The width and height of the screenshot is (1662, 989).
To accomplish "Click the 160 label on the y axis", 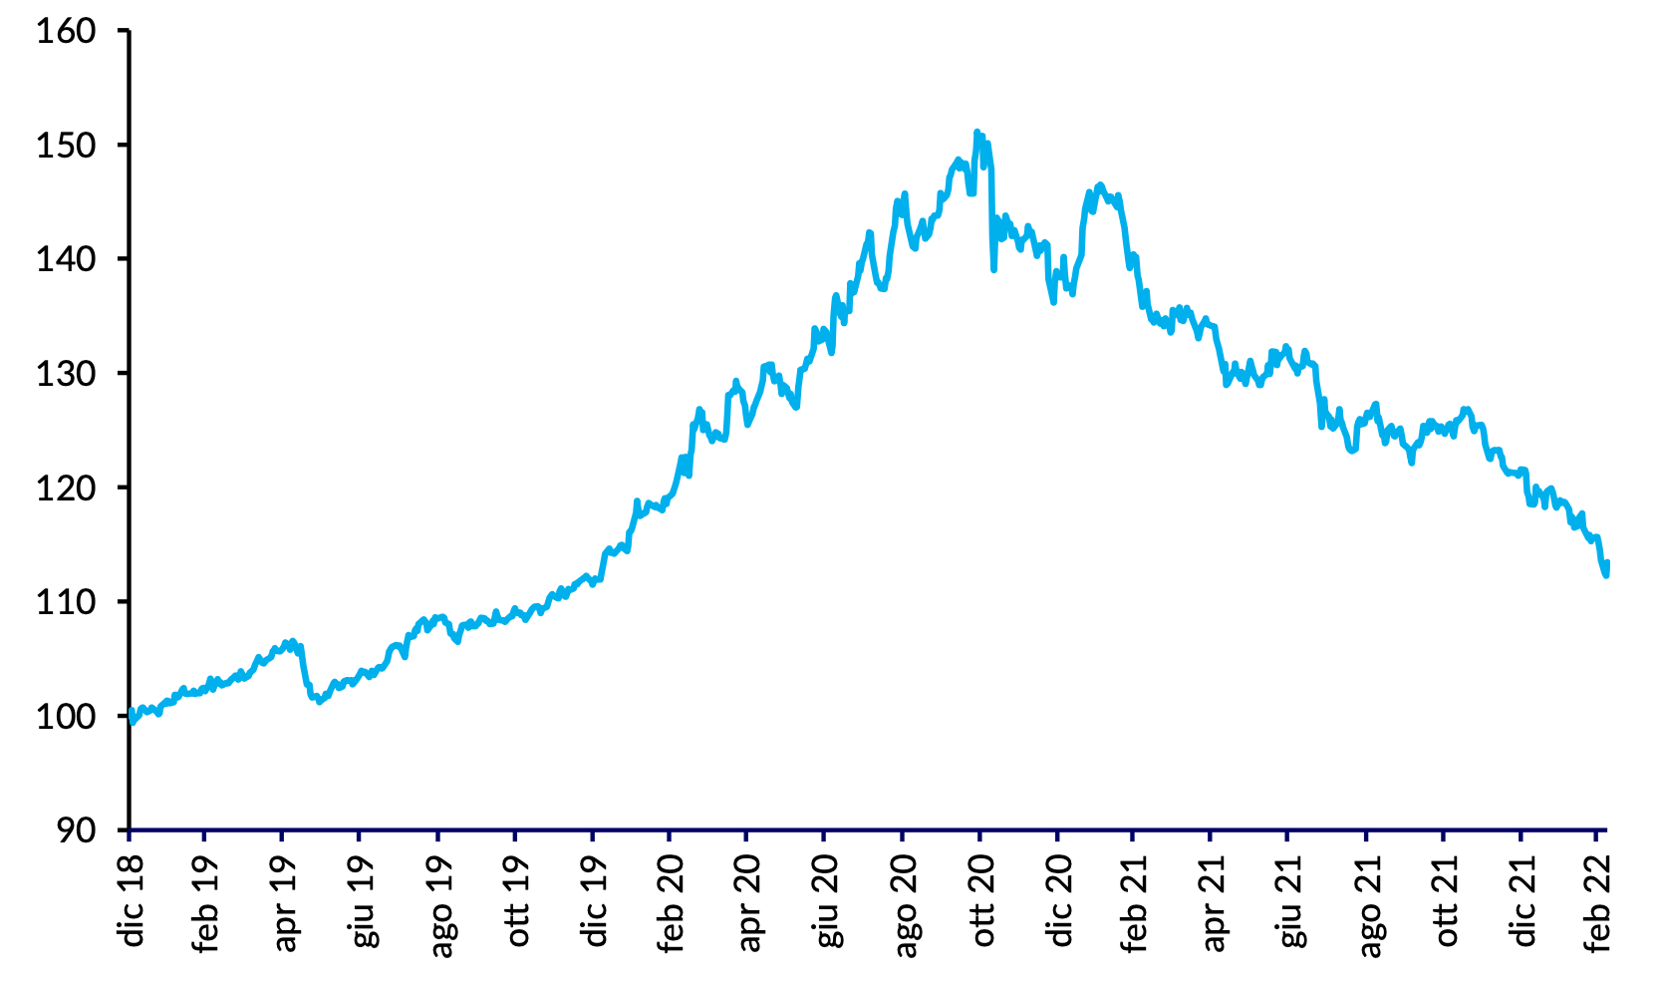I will (66, 31).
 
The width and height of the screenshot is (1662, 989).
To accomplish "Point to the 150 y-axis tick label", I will (66, 146).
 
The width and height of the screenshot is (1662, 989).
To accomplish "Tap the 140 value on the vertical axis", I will (66, 259).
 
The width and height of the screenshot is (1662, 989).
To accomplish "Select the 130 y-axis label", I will (66, 374).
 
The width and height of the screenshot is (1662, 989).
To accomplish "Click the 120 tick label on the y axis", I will (66, 488).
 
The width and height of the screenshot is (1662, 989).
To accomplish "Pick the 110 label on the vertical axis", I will (66, 602).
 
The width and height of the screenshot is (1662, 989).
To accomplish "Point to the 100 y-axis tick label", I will (66, 716).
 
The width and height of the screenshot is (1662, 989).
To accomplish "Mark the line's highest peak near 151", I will (976, 132).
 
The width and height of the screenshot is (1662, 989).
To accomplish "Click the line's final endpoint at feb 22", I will (1607, 564).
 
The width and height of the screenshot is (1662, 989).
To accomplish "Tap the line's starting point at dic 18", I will (131, 716).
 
